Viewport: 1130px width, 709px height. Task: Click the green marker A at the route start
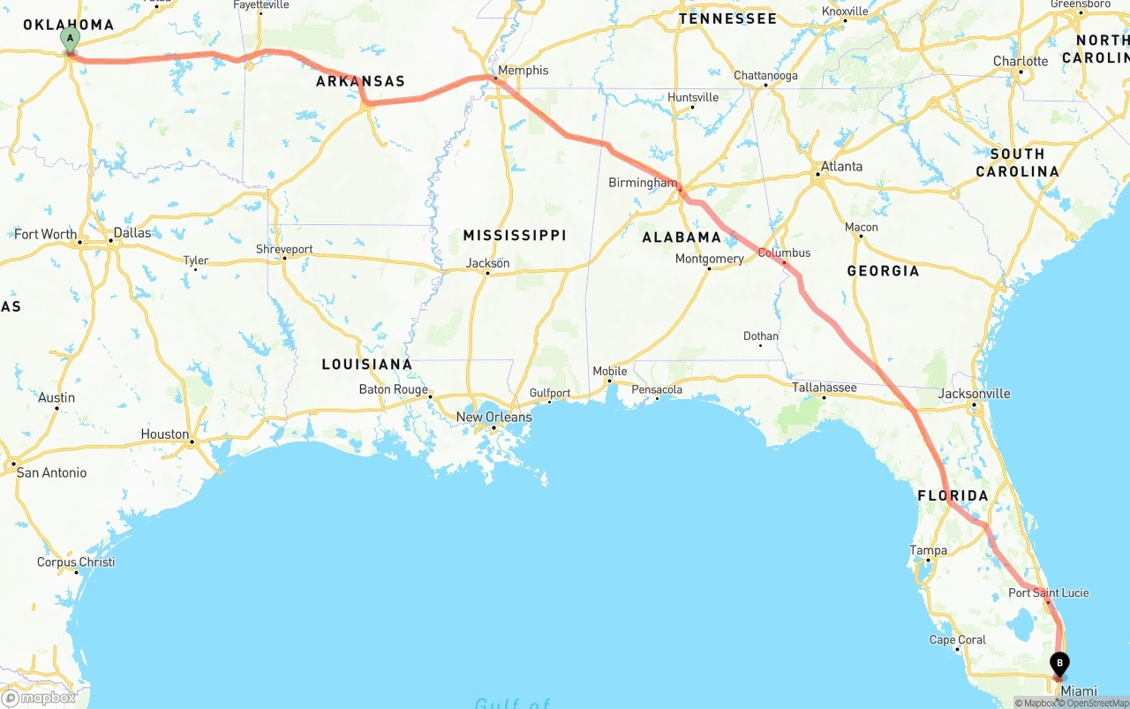point(70,39)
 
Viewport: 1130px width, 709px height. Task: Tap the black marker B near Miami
point(1059,664)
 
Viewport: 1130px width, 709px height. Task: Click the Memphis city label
point(523,71)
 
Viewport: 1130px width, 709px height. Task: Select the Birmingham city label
point(643,183)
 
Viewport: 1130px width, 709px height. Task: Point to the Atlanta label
point(841,166)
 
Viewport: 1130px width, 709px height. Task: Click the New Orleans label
point(493,417)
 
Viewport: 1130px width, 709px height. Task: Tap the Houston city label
point(165,434)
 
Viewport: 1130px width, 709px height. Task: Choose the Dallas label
point(132,233)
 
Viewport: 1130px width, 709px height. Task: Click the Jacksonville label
point(975,394)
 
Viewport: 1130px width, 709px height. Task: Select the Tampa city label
point(928,551)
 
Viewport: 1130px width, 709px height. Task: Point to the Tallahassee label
point(825,388)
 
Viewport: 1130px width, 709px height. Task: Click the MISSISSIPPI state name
point(515,236)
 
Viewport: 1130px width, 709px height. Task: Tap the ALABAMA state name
point(682,238)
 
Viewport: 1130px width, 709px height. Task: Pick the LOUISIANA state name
point(366,364)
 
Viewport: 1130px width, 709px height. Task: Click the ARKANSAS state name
point(360,81)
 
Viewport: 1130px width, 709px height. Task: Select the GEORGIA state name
point(883,271)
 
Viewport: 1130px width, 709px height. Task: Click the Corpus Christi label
point(76,562)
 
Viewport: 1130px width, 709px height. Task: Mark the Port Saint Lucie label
point(1049,593)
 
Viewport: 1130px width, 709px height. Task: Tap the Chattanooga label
point(765,76)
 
